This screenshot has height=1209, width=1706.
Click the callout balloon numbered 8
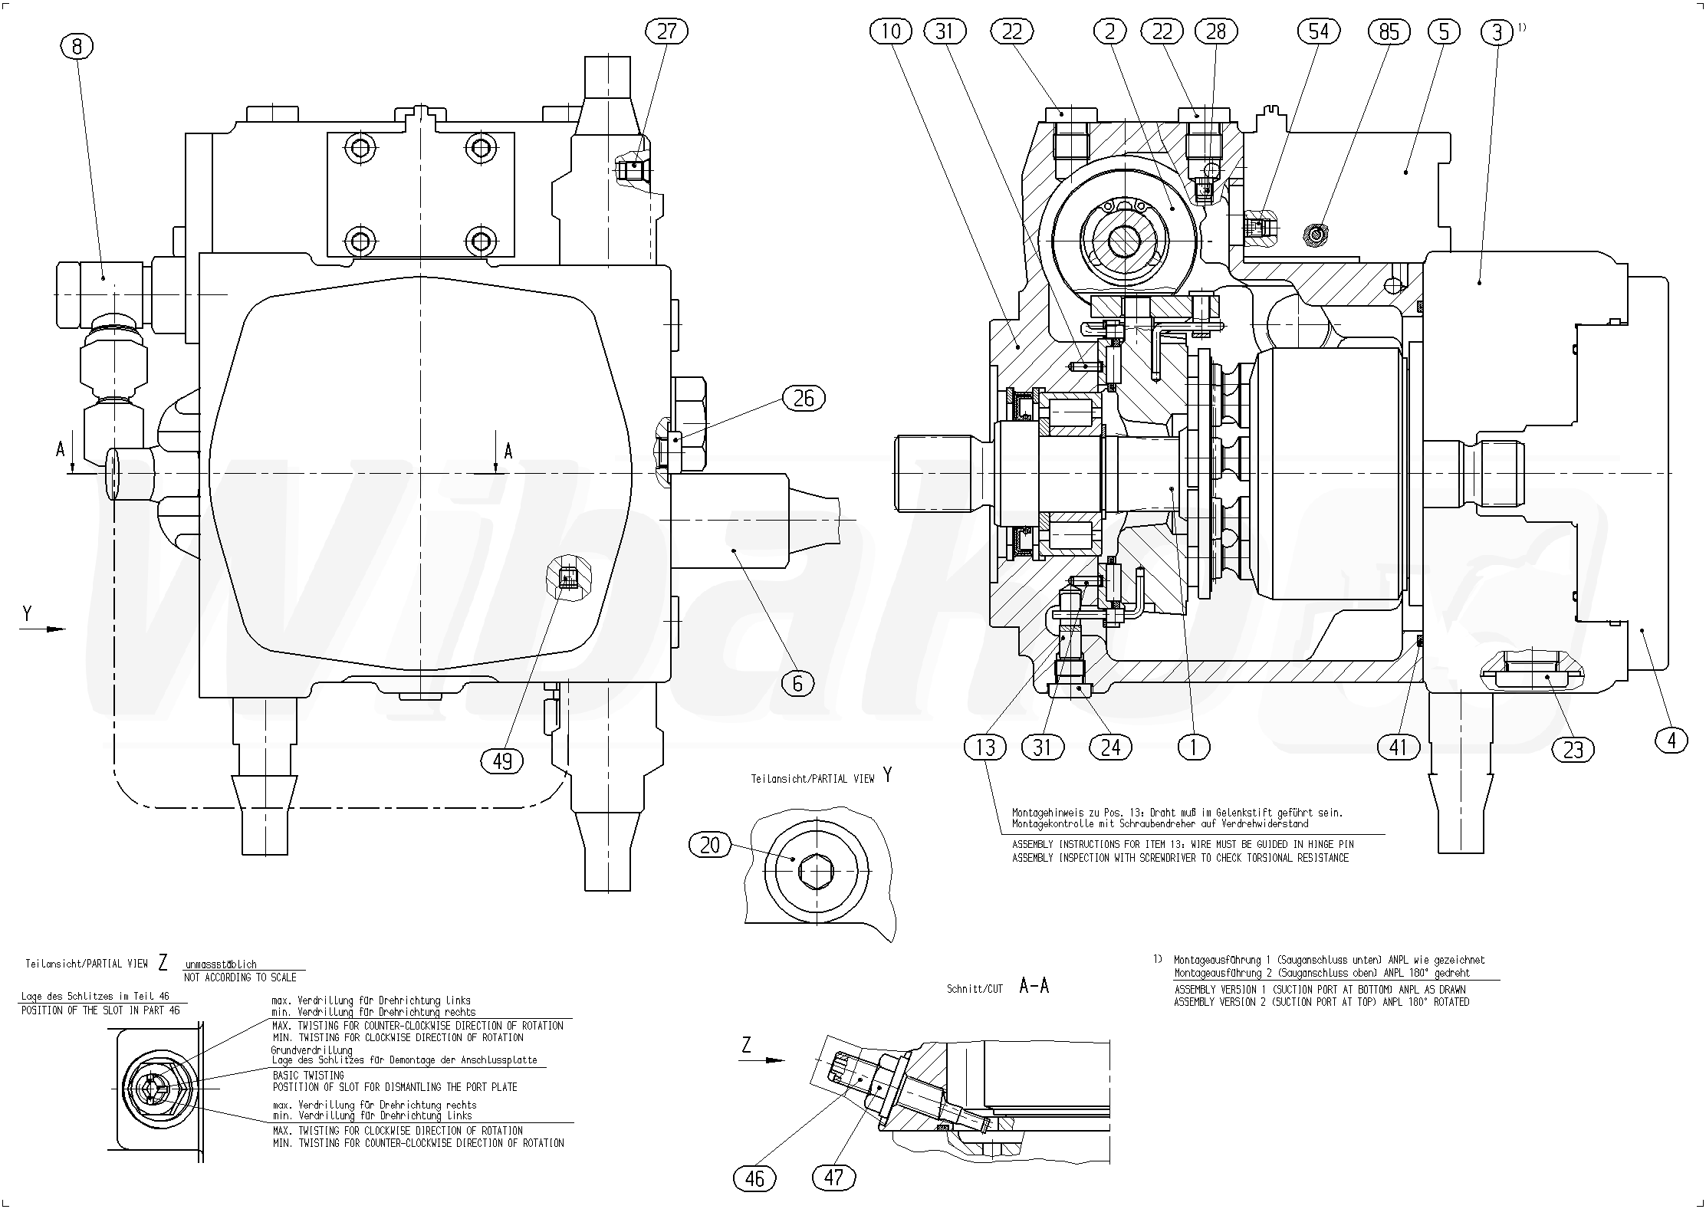(77, 47)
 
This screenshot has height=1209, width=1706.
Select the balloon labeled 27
(667, 31)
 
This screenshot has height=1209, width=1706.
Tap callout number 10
(891, 31)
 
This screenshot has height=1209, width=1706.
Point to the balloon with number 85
(1389, 31)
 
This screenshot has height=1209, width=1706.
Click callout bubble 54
(1318, 31)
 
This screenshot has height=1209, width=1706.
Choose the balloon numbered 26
(804, 398)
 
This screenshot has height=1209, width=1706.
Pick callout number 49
(502, 761)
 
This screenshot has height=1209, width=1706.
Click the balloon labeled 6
(797, 683)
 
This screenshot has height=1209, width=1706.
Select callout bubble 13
(985, 747)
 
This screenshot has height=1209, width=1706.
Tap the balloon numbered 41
(1399, 747)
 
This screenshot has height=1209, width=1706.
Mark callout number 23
(1573, 749)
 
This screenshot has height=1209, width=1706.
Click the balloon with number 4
(1671, 740)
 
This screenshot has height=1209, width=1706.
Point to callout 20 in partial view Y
(711, 845)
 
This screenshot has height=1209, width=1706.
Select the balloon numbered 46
(754, 1178)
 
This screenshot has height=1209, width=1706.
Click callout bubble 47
(833, 1177)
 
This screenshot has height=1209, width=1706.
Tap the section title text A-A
(1034, 987)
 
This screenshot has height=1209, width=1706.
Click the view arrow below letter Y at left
(44, 629)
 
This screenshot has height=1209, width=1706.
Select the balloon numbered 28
(1216, 31)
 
